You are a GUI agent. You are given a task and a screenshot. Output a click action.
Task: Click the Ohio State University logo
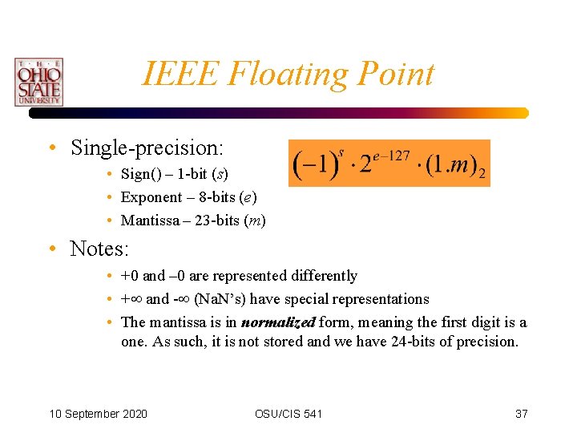click(x=38, y=82)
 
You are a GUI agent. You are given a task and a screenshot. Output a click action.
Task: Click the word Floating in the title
click(x=284, y=74)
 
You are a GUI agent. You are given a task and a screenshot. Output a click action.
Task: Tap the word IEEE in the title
click(x=181, y=74)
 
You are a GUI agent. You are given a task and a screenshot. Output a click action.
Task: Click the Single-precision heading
click(x=147, y=148)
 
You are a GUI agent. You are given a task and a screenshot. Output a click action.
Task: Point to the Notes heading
click(x=99, y=249)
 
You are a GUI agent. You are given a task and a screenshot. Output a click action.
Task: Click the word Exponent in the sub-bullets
click(x=151, y=197)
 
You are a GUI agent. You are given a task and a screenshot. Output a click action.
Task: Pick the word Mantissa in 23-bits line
click(x=151, y=221)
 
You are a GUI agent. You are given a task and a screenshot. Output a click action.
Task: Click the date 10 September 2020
click(x=98, y=414)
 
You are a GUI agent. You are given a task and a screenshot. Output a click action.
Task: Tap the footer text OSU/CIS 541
click(x=288, y=414)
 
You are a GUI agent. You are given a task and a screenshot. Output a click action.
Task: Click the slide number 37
click(x=521, y=414)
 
